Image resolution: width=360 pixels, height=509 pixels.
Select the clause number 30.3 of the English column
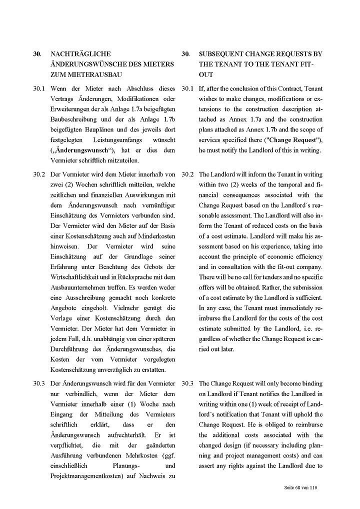[188, 383]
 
